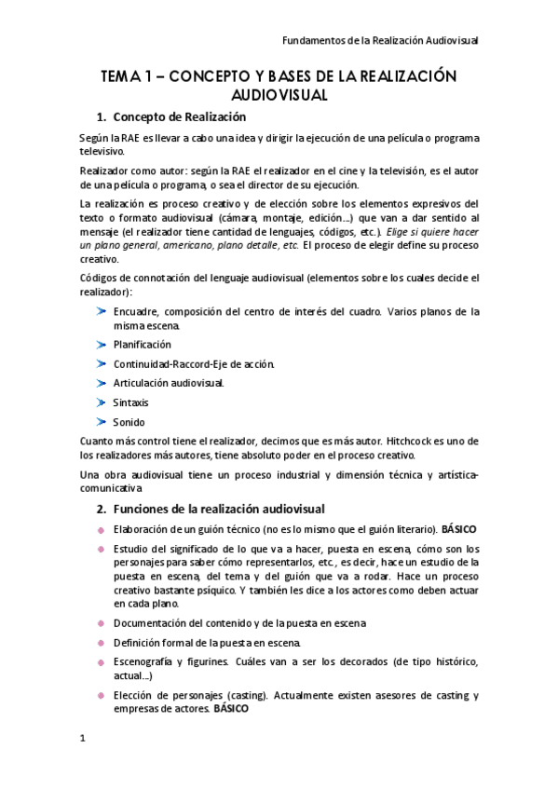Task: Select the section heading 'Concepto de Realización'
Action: point(179,117)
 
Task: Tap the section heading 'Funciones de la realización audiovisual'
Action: point(218,510)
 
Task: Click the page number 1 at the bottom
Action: point(83,738)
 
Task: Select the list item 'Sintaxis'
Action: point(130,402)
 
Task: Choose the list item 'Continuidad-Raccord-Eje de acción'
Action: point(194,363)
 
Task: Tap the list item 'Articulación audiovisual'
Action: point(169,383)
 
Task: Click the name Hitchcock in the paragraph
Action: point(393,440)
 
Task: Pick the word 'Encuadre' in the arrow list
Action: point(136,311)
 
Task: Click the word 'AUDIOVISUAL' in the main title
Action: point(279,95)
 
